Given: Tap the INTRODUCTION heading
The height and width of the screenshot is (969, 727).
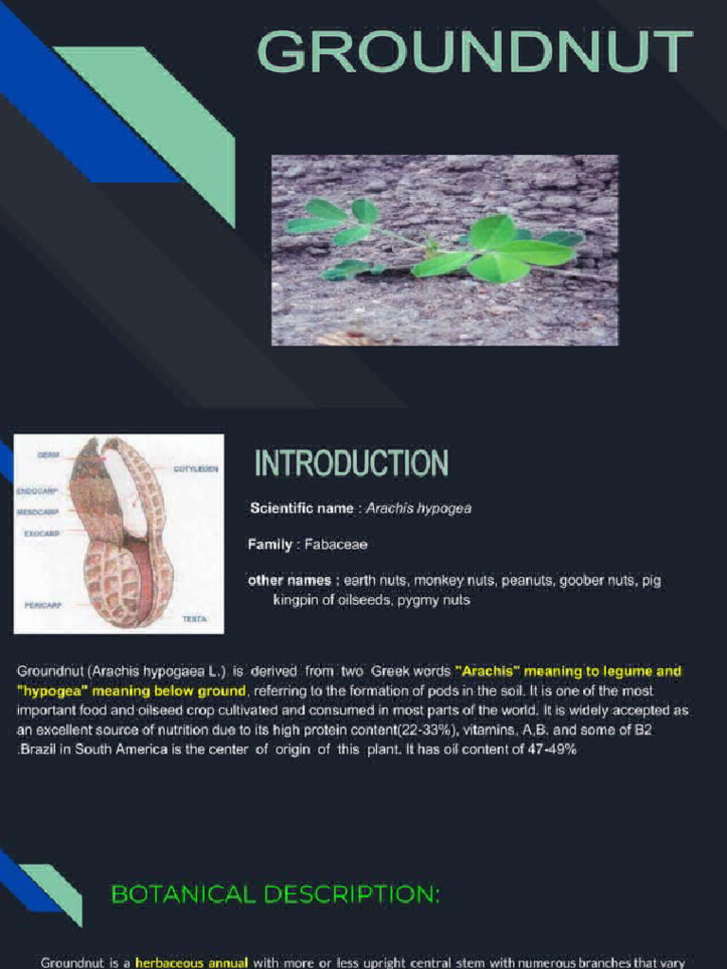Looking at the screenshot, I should (351, 464).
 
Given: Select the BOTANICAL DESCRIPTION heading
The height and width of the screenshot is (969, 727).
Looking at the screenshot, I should (275, 894).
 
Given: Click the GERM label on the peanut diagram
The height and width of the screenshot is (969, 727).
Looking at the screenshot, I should (48, 455).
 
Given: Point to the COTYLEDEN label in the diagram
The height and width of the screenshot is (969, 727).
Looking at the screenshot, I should (197, 468).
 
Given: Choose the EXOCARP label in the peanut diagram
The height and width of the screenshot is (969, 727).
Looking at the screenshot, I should (42, 534).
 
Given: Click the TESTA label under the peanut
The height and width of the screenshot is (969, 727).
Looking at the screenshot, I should (195, 618).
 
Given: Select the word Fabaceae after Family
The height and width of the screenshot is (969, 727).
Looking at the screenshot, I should (336, 545).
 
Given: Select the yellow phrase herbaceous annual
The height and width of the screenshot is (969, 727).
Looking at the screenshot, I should (192, 962).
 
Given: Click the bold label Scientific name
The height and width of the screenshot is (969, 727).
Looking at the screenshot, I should (301, 509).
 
